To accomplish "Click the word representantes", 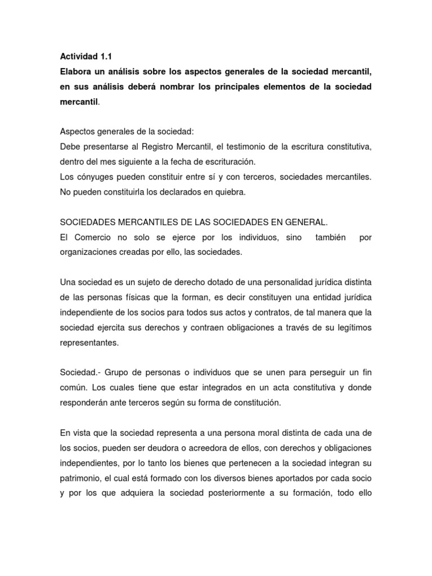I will tap(89, 341).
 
